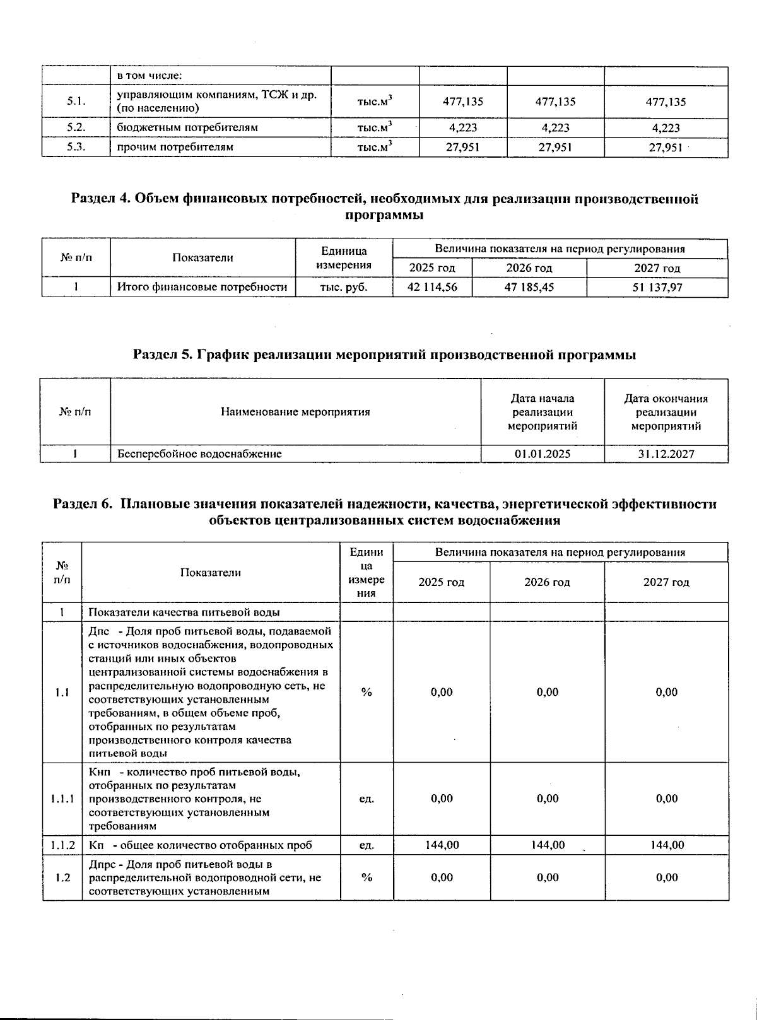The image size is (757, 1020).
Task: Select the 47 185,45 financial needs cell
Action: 529,288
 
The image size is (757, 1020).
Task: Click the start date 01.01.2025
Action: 542,454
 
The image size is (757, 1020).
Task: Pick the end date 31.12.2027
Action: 666,454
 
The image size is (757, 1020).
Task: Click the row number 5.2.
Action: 76,127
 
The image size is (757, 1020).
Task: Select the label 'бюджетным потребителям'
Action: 188,127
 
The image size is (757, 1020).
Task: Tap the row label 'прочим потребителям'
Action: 175,147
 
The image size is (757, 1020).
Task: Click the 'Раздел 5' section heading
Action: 384,355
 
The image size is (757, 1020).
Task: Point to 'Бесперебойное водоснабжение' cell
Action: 200,454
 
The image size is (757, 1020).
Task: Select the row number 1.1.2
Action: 62,845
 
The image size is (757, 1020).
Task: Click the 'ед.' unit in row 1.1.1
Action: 367,799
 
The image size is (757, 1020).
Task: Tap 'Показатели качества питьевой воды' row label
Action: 184,612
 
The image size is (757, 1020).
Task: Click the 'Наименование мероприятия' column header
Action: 295,412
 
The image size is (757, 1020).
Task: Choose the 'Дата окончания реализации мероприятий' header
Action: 666,412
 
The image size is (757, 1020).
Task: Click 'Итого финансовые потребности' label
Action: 202,288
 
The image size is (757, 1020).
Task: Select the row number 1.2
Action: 62,877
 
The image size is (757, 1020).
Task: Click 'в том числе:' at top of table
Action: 150,76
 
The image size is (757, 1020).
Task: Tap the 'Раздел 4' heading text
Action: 384,206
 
